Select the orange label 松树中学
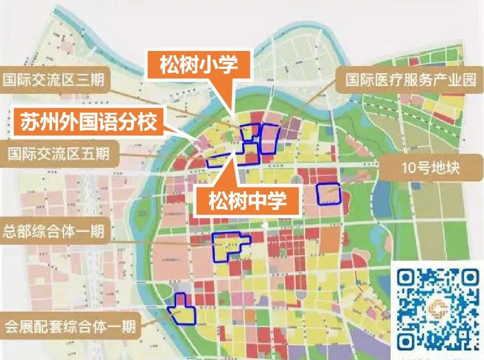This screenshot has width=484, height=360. (247, 202)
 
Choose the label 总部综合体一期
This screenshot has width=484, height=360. (53, 231)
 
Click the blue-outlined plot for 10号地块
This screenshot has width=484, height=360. (328, 194)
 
